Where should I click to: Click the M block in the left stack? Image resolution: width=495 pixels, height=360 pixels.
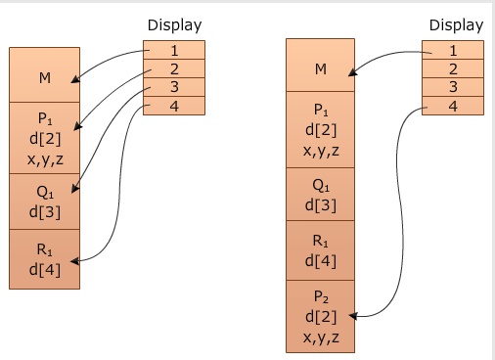coord(44,75)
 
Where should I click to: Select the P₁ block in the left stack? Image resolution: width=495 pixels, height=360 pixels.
coord(44,137)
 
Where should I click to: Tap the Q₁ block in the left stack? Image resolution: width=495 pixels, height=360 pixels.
coord(44,201)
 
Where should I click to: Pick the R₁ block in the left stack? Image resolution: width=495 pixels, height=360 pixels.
coord(44,258)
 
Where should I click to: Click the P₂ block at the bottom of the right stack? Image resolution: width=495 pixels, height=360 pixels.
coord(320,315)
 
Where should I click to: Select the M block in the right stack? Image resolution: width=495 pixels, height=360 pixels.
coord(320,68)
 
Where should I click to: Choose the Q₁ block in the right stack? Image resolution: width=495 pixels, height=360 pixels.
coord(320,194)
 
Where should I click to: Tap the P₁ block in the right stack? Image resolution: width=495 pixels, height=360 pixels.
coord(320,128)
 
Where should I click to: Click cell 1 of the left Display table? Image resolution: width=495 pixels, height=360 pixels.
coord(174,50)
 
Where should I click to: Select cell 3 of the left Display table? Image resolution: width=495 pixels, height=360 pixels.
coord(174,87)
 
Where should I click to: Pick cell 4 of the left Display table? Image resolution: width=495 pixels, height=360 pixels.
coord(174,106)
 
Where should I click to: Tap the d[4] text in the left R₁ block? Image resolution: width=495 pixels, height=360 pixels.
coord(44,270)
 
